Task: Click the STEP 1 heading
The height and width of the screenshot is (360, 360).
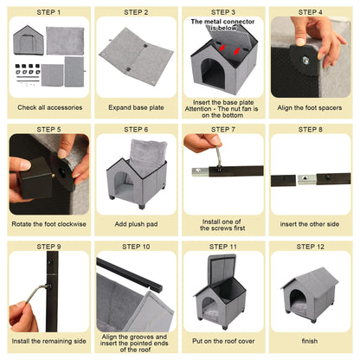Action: pos(48,13)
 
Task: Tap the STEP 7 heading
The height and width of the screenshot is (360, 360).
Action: pos(223,130)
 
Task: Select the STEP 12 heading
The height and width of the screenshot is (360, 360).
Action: pos(310,246)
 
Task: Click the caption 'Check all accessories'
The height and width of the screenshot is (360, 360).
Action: pos(48,107)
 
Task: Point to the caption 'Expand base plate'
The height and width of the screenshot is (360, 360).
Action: pos(136,107)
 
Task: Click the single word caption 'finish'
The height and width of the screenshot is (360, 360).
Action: pos(310,341)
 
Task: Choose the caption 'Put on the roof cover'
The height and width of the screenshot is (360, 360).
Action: pos(223,341)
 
